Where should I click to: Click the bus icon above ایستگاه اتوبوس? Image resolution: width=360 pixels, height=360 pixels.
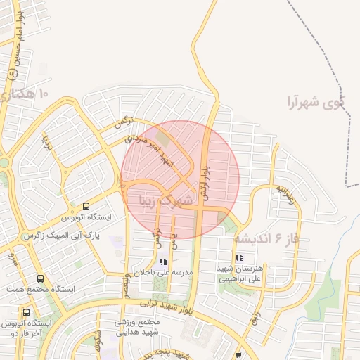coord(86,207)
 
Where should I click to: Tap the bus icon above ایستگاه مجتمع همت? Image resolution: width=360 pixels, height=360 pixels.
coord(39,278)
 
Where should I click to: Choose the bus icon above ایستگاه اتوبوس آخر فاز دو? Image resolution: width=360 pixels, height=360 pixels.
coord(27,312)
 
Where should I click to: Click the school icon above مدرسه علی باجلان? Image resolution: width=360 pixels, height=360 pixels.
coord(164,262)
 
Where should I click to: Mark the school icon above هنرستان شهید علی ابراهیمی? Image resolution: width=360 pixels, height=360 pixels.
coord(239,258)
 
